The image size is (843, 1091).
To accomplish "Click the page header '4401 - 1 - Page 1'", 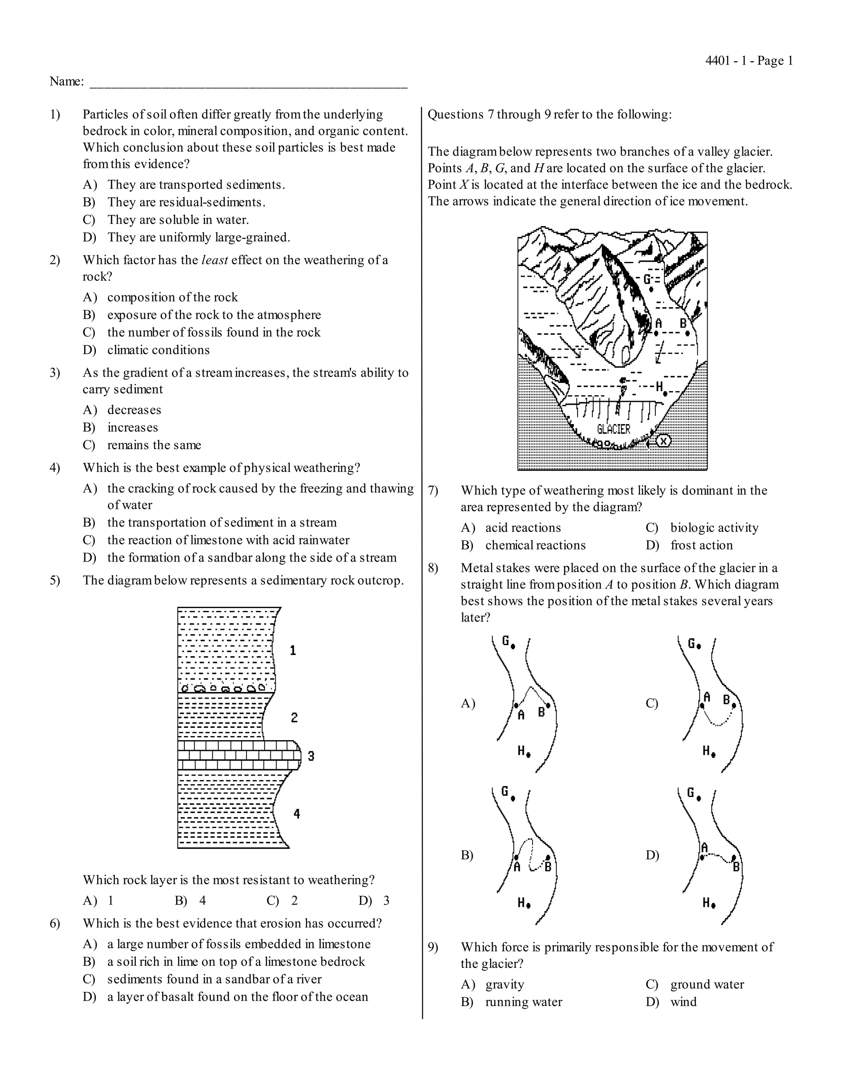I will (x=749, y=61).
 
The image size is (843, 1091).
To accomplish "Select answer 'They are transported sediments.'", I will (x=196, y=185).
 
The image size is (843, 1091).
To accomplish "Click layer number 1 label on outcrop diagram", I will (x=293, y=650).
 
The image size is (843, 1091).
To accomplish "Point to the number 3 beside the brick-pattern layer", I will (x=311, y=756).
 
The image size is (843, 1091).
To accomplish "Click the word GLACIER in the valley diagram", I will (x=613, y=429).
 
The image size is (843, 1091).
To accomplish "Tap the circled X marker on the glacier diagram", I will (x=663, y=441).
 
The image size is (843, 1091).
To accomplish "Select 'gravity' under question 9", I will (x=504, y=985).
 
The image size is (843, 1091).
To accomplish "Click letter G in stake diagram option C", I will (x=692, y=643).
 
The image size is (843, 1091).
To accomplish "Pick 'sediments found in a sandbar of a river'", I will (x=214, y=979).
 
